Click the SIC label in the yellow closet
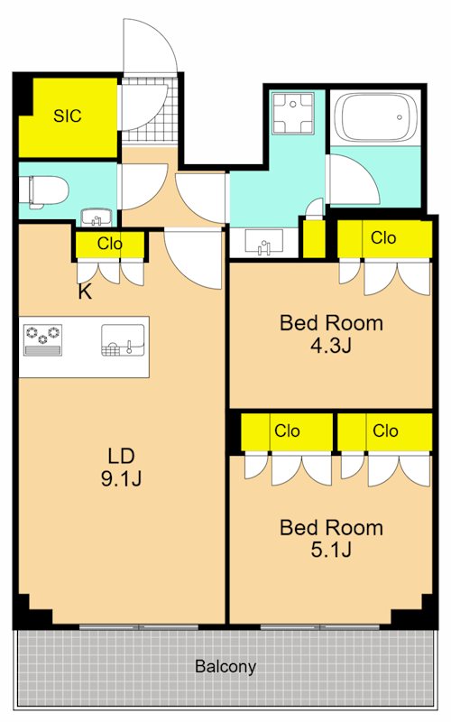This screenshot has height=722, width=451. pos(67,116)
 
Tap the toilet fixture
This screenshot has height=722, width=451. pos(43,191)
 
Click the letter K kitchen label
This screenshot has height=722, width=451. pos(85,292)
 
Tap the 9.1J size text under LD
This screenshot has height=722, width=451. pos(122,478)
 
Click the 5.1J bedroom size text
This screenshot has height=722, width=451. pos(331,550)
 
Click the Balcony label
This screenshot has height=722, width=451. pos(225,668)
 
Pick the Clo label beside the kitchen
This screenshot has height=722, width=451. pos(110,244)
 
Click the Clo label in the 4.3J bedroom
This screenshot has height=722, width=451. pos(383,238)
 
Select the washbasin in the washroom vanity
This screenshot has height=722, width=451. pos(262,244)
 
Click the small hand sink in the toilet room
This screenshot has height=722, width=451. pos(94,218)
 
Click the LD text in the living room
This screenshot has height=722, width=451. pos(122,454)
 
